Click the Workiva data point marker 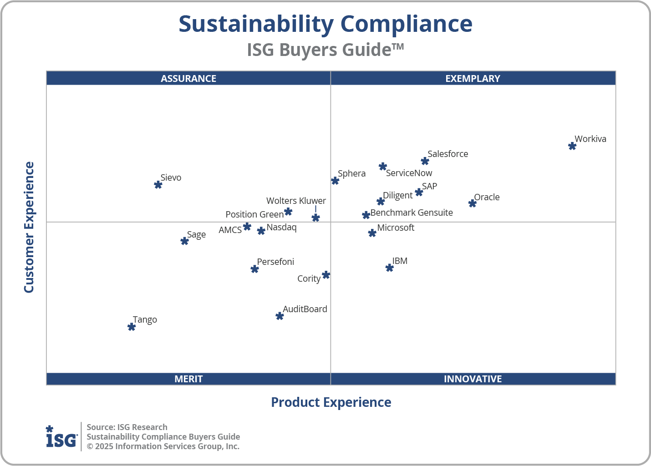point(572,146)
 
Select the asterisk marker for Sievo point(158,185)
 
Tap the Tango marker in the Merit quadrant point(132,327)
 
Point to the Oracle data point point(473,203)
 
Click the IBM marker point(389,268)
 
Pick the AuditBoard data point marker point(280,316)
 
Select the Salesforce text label point(448,154)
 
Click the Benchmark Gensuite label point(412,213)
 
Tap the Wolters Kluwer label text point(296,201)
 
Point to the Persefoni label point(275,262)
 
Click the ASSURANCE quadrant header point(188,78)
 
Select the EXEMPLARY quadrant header point(473,78)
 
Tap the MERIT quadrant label point(188,379)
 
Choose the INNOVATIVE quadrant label point(473,379)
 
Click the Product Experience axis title point(331,402)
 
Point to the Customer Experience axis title point(29,228)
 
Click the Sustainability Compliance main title point(325,24)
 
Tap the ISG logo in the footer point(61,437)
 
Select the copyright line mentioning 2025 point(163,446)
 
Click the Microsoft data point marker point(372,233)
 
